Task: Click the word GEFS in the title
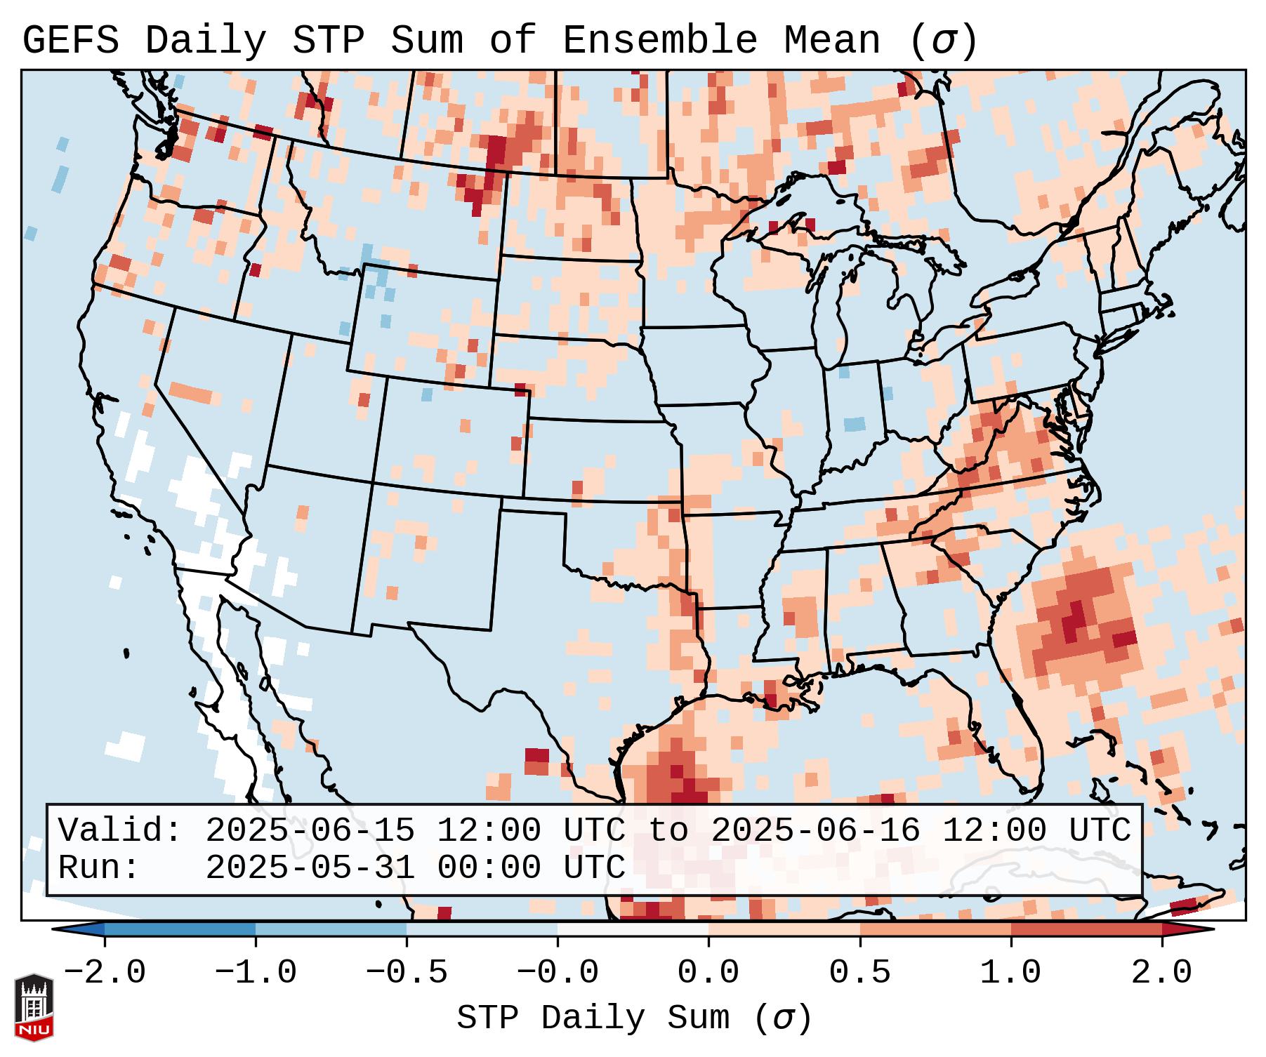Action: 71,41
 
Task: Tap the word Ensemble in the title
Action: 660,41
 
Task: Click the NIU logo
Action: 34,1007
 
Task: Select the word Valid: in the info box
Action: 120,831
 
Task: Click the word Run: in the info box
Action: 99,868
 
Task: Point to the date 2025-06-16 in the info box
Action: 815,831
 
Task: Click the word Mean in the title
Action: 832,41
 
